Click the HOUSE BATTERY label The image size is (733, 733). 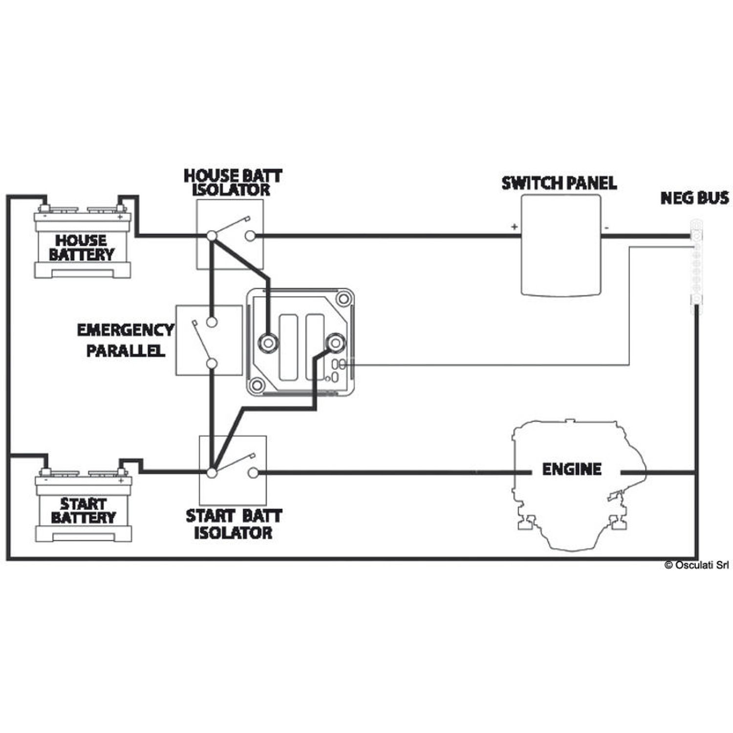click(x=82, y=247)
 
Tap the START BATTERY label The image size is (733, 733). click(x=83, y=511)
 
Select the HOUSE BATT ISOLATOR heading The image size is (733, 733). click(x=233, y=183)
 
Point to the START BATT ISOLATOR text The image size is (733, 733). click(x=234, y=524)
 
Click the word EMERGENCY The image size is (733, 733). click(x=126, y=330)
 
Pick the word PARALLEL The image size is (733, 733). click(x=126, y=350)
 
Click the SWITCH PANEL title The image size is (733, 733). click(x=559, y=183)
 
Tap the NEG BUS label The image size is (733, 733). click(x=694, y=198)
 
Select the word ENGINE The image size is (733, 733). click(x=572, y=470)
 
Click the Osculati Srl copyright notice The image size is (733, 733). click(x=696, y=565)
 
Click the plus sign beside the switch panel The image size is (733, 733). click(x=514, y=227)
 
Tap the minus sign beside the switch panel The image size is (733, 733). click(x=606, y=227)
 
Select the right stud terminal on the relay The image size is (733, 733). click(x=335, y=343)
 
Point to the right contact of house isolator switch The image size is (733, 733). click(x=250, y=236)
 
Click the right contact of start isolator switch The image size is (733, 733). click(x=253, y=473)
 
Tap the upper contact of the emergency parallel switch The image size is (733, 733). click(x=212, y=322)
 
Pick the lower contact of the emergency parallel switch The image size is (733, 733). click(x=212, y=364)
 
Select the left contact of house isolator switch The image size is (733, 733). click(x=212, y=236)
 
